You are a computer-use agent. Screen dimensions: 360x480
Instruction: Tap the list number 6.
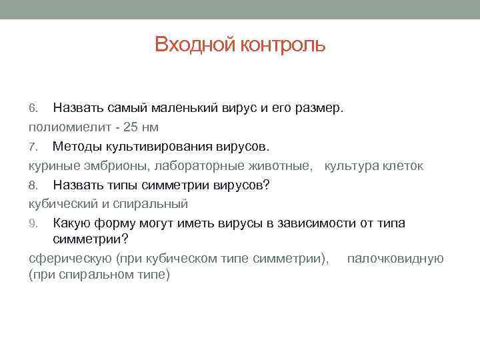[x=33, y=108]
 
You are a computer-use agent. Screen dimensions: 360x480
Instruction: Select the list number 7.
[x=33, y=146]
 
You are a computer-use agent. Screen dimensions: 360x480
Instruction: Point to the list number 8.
[x=33, y=185]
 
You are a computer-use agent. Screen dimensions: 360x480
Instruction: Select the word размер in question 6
[x=316, y=107]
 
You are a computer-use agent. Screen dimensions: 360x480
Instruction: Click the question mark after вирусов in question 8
[x=267, y=185]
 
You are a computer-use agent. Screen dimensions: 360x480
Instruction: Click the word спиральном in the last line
[x=87, y=275]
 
